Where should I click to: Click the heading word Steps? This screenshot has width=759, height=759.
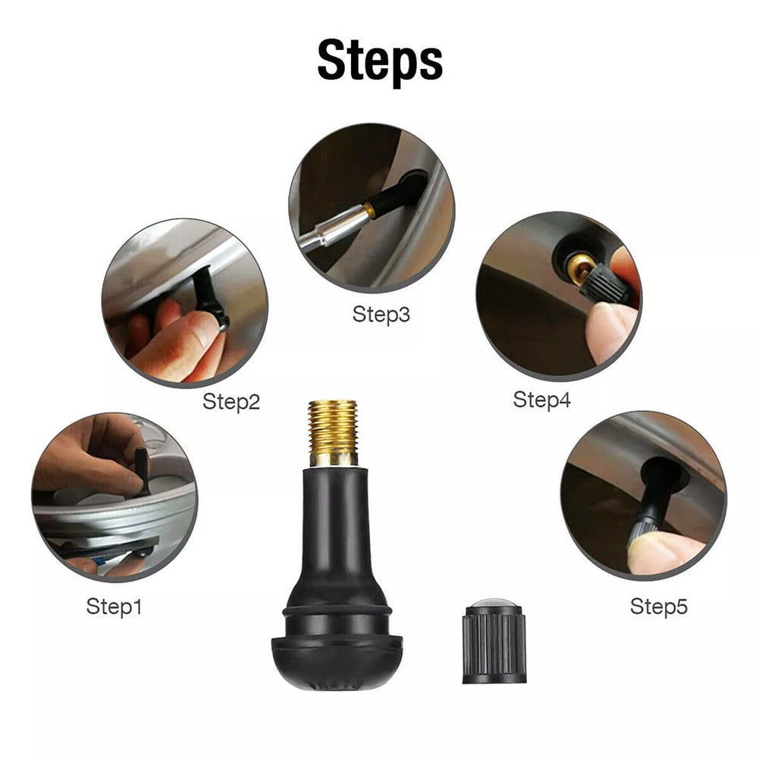pos(379,61)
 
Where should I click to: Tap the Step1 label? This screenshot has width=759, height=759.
pos(114,606)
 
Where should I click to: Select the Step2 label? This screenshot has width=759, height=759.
pos(231,401)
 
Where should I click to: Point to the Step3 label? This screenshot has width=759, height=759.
pos(381,314)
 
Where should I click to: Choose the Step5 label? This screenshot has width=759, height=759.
pos(658,606)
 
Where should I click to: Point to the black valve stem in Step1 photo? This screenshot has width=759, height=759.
pos(142,470)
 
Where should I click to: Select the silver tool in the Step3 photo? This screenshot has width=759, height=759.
pos(326,231)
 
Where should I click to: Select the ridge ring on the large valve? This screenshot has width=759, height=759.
pos(335,610)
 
